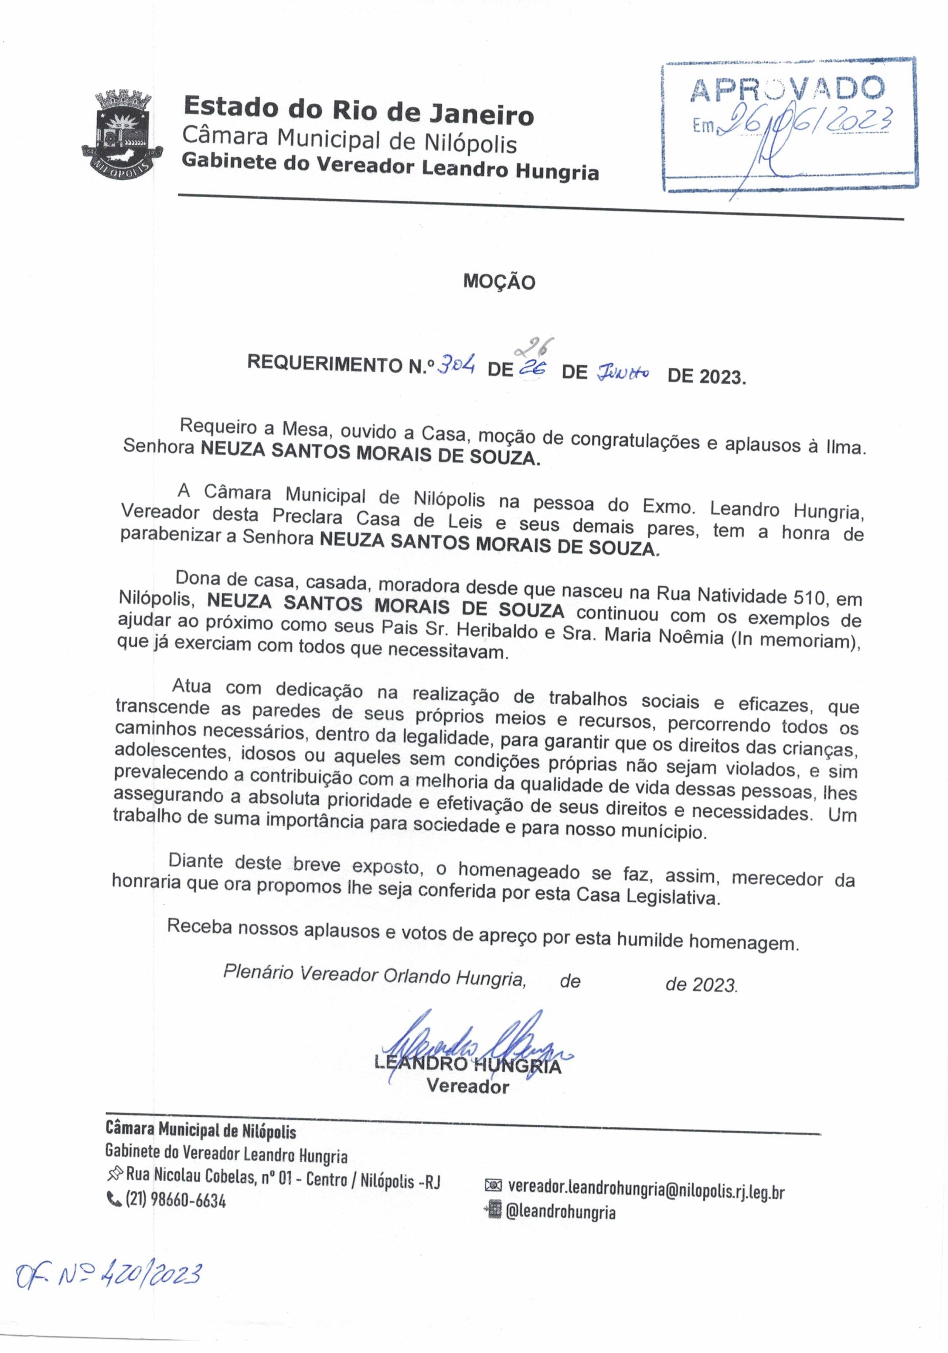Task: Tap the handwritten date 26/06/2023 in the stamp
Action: (810, 121)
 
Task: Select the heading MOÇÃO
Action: (498, 282)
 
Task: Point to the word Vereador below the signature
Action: (467, 1086)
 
